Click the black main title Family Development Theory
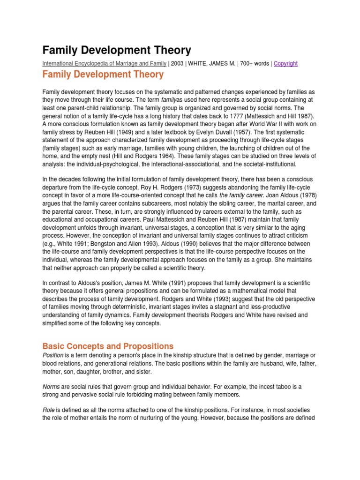coord(117,50)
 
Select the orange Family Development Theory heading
coord(103,75)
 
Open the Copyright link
coord(285,64)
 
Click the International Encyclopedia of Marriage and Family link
coord(111,64)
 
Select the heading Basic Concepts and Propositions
coord(108,346)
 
